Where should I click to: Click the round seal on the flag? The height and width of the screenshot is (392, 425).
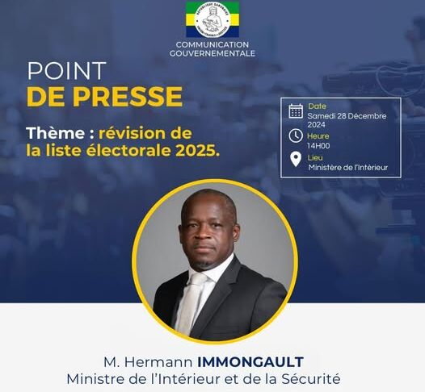212,19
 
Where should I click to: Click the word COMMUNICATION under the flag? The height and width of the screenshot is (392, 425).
212,44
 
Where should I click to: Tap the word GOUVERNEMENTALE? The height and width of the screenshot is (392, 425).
212,53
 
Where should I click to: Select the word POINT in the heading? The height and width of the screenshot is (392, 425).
66,71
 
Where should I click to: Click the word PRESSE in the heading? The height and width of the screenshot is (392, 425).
128,96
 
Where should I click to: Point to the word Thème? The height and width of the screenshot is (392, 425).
56,133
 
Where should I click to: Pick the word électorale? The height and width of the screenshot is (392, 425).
129,150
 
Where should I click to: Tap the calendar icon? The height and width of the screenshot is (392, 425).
296,111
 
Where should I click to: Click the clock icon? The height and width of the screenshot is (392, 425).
296,136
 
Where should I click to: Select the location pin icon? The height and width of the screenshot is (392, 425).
296,160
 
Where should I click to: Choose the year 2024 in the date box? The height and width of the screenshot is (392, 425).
316,125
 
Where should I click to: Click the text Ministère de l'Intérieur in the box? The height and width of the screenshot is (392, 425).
348,168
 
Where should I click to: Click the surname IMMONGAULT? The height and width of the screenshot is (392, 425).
250,362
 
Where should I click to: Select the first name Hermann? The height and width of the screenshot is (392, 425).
158,362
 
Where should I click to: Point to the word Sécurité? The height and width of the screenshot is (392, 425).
310,379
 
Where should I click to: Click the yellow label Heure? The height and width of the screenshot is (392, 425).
318,136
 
